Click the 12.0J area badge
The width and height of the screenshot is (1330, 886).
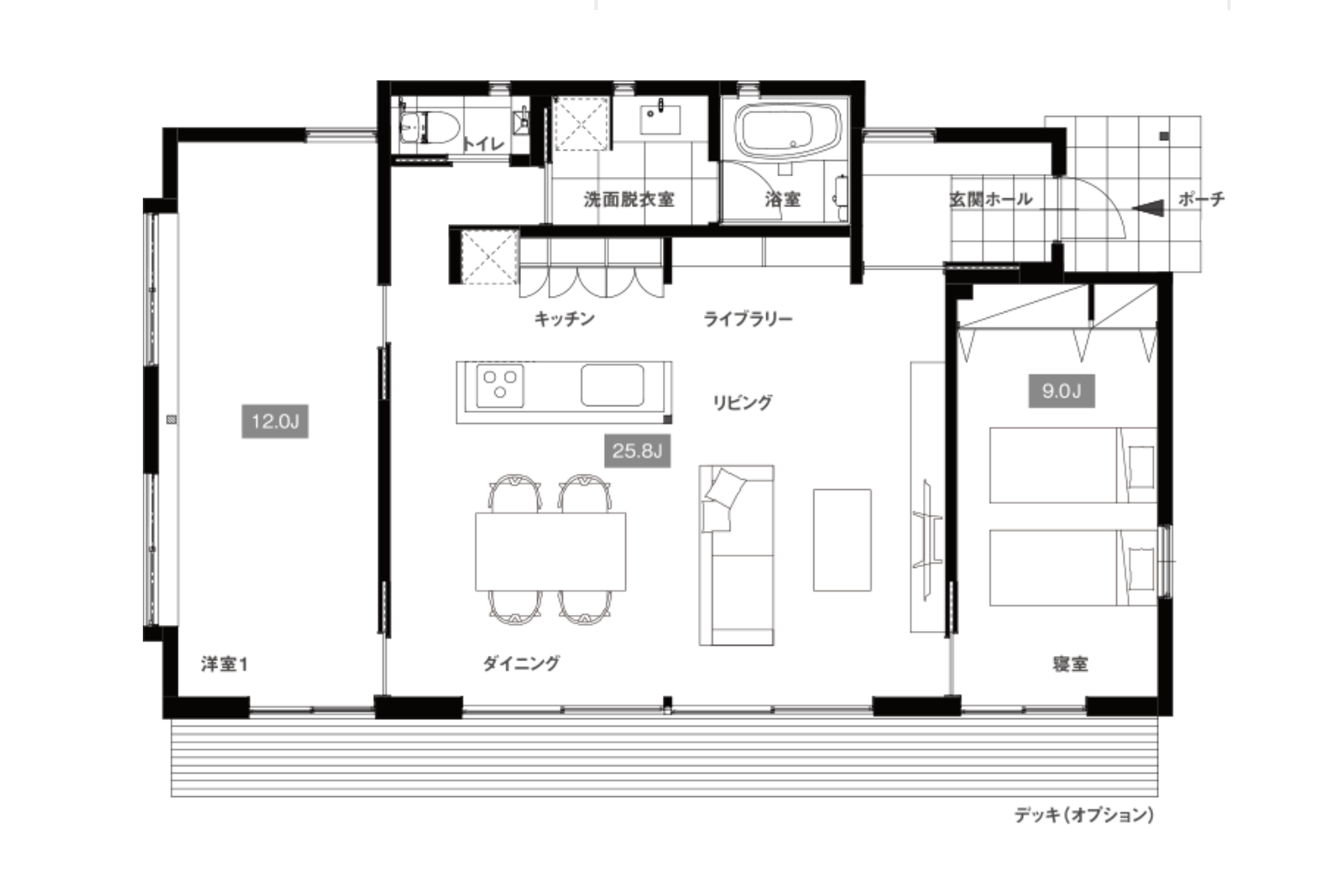(x=275, y=421)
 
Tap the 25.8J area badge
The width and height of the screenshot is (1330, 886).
(x=638, y=451)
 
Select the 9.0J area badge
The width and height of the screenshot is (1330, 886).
(x=1061, y=391)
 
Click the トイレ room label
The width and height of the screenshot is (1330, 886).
(x=483, y=144)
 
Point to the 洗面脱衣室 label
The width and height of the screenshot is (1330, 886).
(x=629, y=199)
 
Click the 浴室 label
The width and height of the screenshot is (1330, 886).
(x=783, y=199)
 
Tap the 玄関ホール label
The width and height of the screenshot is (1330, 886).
(x=991, y=199)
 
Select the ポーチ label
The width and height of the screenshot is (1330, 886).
(x=1201, y=199)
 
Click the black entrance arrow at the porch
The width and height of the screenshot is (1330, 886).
(x=1148, y=209)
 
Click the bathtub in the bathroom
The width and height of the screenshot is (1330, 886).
(x=788, y=131)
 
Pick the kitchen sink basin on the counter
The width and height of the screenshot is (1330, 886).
(x=612, y=386)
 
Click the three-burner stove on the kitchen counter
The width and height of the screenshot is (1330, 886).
(x=500, y=386)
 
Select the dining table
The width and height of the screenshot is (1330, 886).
(x=551, y=552)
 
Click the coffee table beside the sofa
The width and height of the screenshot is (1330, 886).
(x=842, y=540)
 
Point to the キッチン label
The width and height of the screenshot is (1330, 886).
(x=565, y=319)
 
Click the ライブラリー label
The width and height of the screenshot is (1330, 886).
(x=748, y=319)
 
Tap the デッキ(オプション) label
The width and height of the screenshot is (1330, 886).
(x=1085, y=815)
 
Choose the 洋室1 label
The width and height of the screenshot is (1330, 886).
(x=224, y=664)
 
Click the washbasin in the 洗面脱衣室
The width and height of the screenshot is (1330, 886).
(x=659, y=120)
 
